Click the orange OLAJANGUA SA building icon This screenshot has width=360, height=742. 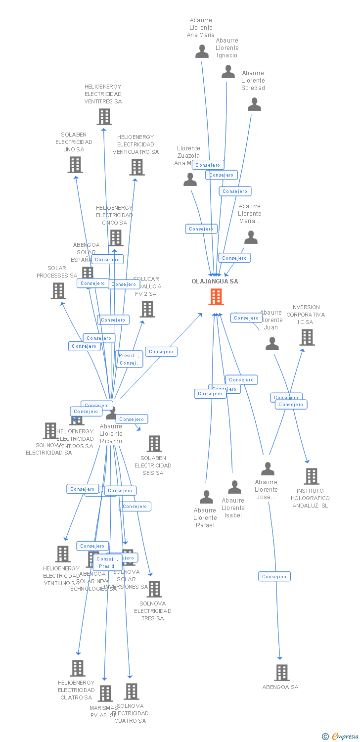[x=216, y=297]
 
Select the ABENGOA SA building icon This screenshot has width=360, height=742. [x=282, y=672]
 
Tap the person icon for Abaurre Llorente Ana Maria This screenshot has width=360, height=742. [x=202, y=51]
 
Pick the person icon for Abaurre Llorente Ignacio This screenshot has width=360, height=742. [x=228, y=72]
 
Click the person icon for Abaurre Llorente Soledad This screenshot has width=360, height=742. [x=254, y=104]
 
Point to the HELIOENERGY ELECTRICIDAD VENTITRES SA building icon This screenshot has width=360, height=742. [x=104, y=117]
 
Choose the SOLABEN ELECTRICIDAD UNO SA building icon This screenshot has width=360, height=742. [x=75, y=165]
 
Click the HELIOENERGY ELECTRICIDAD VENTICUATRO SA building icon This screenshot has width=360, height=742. [x=137, y=167]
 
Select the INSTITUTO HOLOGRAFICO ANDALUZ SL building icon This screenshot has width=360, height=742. [x=311, y=476]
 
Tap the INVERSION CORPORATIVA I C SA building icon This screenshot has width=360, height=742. [x=307, y=337]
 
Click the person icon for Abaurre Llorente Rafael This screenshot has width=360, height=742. [x=206, y=497]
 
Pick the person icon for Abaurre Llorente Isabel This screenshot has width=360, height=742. [x=234, y=487]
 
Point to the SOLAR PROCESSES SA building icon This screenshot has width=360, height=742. [x=58, y=291]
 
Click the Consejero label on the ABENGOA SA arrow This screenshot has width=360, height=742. [x=274, y=576]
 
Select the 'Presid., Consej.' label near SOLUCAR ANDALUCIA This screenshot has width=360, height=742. [x=129, y=359]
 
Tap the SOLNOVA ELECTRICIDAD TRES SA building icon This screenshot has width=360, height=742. [x=154, y=589]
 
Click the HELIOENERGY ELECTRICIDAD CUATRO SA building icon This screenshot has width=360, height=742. [x=78, y=668]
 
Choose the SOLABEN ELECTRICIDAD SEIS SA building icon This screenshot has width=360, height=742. [x=154, y=444]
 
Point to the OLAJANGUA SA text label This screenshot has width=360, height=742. [x=215, y=281]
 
